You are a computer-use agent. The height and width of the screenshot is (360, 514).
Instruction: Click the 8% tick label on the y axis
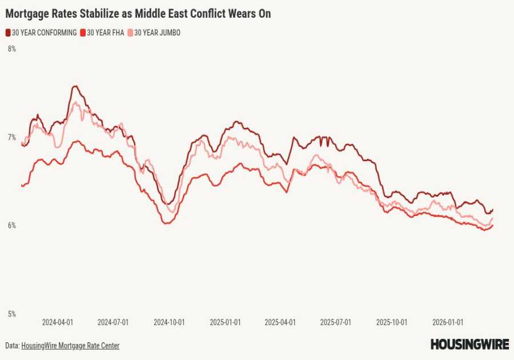11,49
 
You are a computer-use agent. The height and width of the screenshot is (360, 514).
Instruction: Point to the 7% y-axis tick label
11,137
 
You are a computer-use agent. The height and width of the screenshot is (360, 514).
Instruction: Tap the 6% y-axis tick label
11,226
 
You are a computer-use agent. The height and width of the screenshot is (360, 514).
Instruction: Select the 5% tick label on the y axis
11,314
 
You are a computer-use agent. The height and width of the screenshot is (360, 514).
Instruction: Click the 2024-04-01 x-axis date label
58,322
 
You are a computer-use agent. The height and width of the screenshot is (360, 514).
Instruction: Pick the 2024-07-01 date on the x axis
113,322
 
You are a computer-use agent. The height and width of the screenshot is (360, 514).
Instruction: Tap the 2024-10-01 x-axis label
169,322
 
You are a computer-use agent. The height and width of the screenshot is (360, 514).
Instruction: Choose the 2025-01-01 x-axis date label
225,322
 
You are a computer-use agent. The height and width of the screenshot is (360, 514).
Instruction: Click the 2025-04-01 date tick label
280,322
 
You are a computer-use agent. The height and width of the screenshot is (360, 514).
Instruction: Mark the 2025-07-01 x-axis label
335,322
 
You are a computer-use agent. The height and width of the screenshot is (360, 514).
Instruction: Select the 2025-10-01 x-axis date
391,322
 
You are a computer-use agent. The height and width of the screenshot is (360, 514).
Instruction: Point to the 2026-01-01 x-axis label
447,322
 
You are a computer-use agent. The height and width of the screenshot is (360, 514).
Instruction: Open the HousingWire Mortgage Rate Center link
70,346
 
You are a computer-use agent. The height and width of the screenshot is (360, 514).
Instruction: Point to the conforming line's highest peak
75,86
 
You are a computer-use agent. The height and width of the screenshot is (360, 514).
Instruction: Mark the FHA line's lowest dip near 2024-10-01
166,223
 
